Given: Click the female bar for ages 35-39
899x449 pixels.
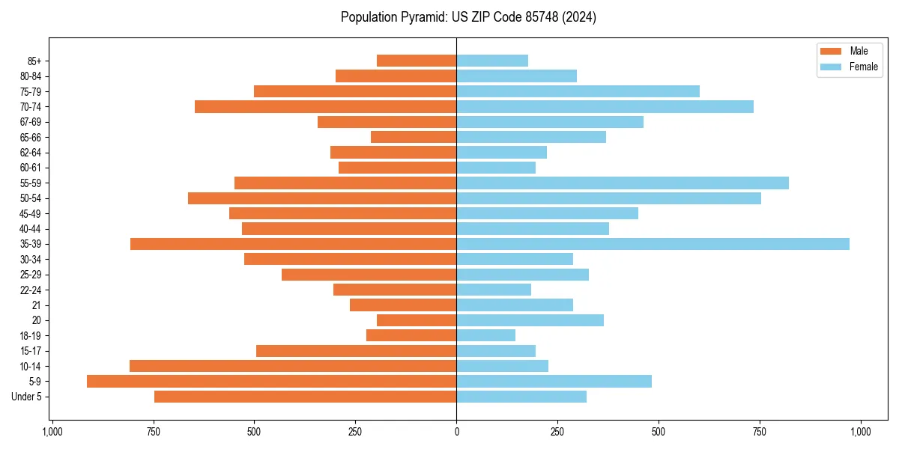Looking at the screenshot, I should [653, 244].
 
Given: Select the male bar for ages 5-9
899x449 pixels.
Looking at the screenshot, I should [271, 382].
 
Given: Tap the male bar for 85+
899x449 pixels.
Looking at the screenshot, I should [417, 61].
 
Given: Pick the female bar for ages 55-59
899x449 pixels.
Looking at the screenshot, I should [623, 183].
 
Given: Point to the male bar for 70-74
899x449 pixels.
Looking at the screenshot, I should [325, 107].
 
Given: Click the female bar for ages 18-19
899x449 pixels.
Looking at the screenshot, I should [485, 336].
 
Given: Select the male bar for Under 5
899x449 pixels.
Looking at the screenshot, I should [305, 397].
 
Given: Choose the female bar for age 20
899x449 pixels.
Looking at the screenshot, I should [530, 320].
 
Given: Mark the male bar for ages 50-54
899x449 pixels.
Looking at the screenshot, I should [322, 198].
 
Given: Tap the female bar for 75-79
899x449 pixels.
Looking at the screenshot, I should [578, 91].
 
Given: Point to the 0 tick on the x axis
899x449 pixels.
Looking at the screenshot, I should [456, 432].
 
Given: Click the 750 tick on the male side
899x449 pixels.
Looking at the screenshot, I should [154, 432].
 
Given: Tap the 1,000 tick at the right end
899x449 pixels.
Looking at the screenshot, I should [860, 432].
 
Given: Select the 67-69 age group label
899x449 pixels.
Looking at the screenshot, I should [31, 122].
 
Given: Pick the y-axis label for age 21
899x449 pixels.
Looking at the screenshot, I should [37, 305].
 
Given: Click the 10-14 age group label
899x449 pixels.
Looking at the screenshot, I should [31, 367].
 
